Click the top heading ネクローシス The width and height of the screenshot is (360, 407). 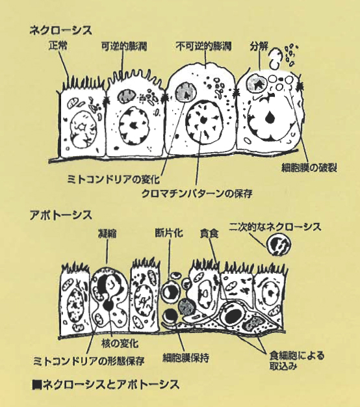tap(60, 30)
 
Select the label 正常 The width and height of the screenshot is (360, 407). tap(58, 46)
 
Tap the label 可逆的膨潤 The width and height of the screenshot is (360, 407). tap(124, 46)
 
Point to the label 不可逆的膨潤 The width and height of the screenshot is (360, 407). tap(203, 46)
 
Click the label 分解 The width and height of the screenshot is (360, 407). tap(259, 46)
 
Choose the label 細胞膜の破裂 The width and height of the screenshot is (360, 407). tap(309, 168)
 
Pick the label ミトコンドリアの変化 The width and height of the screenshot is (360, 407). tap(113, 179)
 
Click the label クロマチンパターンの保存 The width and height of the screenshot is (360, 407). tap(197, 194)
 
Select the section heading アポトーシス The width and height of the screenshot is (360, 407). tap(60, 215)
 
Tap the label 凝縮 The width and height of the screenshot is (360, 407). tap(107, 233)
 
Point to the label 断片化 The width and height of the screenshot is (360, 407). tap(169, 233)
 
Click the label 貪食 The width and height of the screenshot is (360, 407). tap(209, 233)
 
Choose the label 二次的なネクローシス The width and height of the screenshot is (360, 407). tap(275, 227)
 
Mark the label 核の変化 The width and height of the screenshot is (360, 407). tap(120, 343)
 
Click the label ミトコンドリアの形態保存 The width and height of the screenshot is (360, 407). tap(89, 361)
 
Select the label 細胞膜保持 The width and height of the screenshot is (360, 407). tap(186, 358)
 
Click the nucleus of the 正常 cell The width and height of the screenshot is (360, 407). tap(84, 129)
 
